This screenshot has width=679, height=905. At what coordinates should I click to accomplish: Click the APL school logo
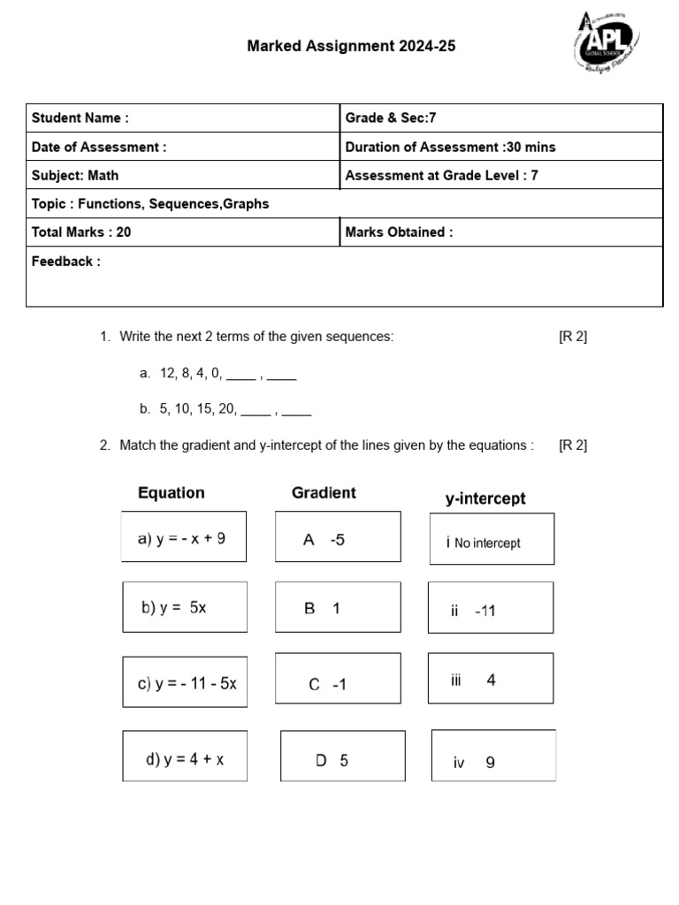click(x=607, y=43)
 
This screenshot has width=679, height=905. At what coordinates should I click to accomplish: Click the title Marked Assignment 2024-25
click(x=351, y=46)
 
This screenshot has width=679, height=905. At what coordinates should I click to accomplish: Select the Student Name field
click(x=183, y=118)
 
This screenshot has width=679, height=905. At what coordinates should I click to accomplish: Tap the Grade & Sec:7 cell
click(x=500, y=118)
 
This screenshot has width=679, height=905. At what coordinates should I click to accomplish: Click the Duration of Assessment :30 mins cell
click(x=500, y=147)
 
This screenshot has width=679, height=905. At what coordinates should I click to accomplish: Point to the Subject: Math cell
click(x=183, y=175)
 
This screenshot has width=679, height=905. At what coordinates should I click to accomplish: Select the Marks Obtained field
click(x=500, y=232)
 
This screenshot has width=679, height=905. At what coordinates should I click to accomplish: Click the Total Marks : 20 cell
click(x=183, y=232)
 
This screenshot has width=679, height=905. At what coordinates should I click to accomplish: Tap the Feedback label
click(x=66, y=262)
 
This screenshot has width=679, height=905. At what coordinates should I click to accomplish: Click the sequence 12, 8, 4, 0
click(x=191, y=374)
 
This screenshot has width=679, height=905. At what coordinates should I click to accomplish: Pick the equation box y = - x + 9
click(x=184, y=537)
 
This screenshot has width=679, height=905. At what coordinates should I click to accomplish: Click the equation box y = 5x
click(x=184, y=607)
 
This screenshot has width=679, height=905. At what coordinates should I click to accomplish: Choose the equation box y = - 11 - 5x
click(x=185, y=682)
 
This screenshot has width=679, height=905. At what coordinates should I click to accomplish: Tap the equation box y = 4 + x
click(x=185, y=757)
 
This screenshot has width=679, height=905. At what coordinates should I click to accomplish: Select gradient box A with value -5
click(x=338, y=537)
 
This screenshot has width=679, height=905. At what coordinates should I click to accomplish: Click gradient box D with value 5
click(x=342, y=757)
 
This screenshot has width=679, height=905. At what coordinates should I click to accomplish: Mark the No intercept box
click(x=491, y=540)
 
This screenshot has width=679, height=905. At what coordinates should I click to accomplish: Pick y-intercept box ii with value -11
click(x=491, y=609)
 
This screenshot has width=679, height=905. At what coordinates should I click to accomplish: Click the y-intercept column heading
click(x=485, y=499)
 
